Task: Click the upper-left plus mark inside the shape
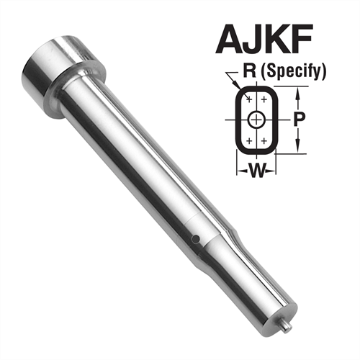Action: click(248, 99)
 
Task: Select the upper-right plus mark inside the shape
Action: click(266, 99)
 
